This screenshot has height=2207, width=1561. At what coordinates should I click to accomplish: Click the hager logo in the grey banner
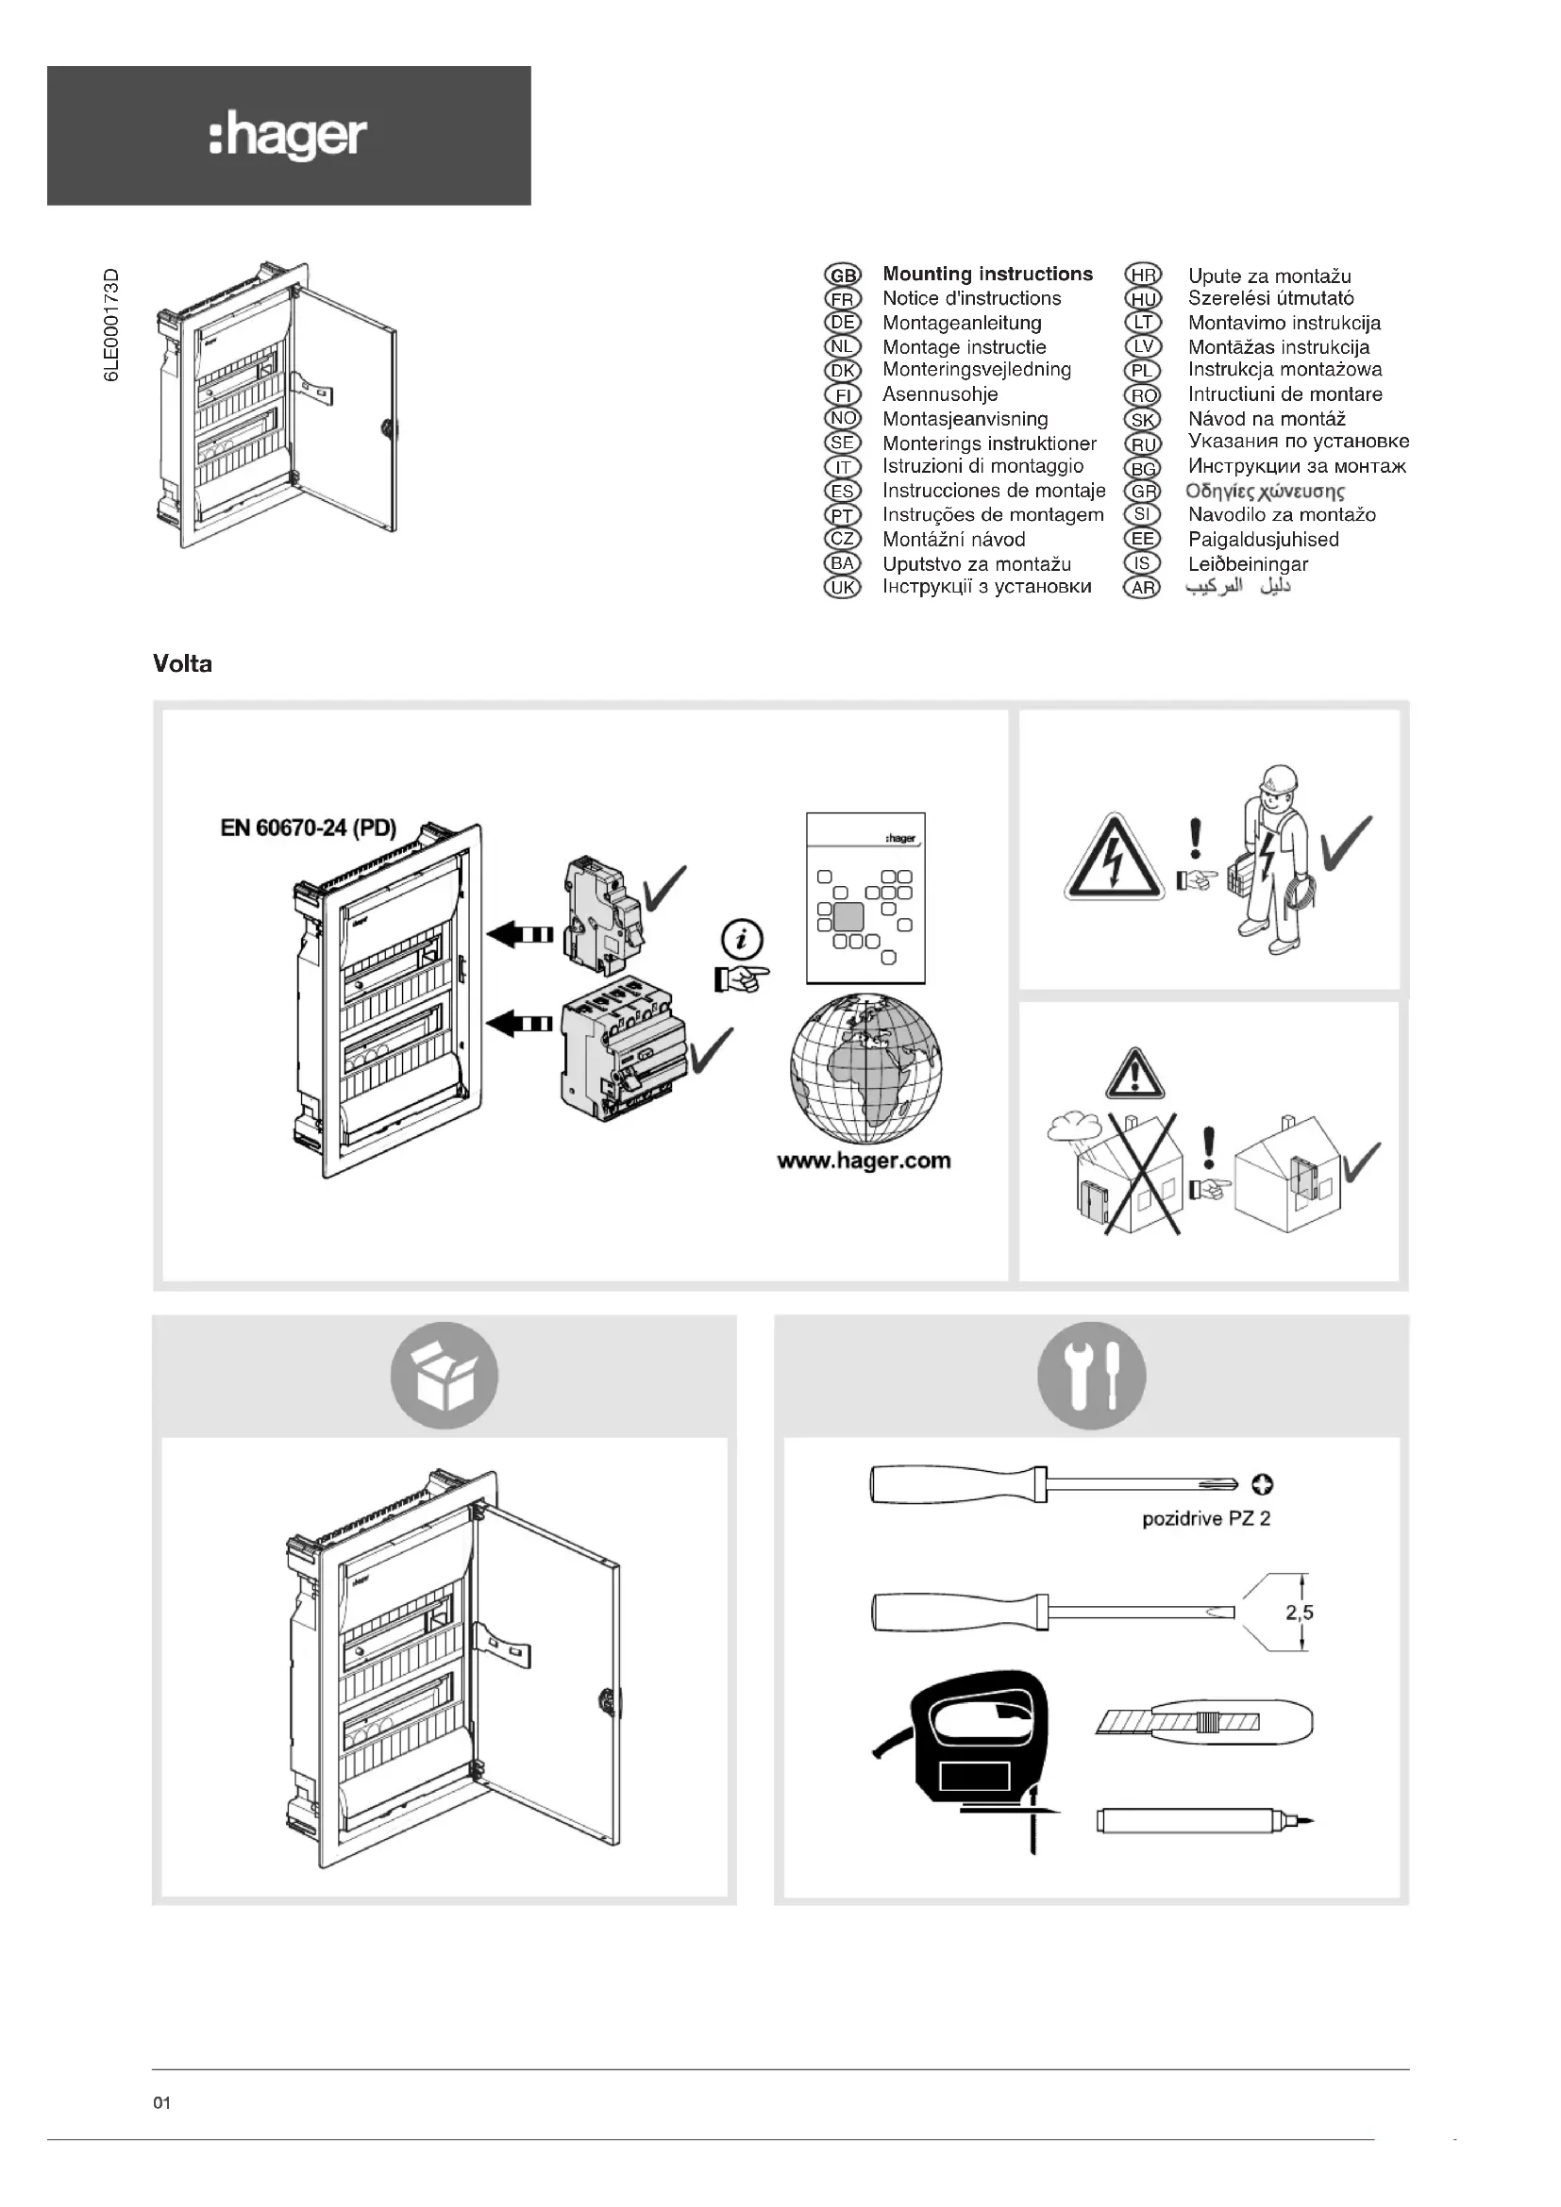(288, 136)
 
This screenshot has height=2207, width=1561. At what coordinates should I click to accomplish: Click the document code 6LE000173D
(113, 325)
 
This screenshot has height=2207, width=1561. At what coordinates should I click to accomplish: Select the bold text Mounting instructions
(987, 274)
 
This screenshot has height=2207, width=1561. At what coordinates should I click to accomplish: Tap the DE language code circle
(843, 323)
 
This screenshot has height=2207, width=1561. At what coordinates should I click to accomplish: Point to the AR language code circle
(1142, 588)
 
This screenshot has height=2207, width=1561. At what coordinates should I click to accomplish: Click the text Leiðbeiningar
(1248, 564)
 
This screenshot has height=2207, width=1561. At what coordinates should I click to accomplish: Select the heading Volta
(183, 664)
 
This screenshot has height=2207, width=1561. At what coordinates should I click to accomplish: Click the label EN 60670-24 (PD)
(308, 828)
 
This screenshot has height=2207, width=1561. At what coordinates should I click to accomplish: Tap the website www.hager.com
(864, 1161)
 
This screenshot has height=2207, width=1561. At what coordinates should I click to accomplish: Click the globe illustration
(866, 1069)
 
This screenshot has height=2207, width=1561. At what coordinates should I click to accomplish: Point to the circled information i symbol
(742, 939)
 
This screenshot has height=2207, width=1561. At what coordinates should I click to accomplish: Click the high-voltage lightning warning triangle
(1113, 859)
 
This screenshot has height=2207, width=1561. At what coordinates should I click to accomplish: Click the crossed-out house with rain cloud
(1123, 1173)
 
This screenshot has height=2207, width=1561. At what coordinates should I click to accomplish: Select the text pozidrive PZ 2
(1205, 1519)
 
